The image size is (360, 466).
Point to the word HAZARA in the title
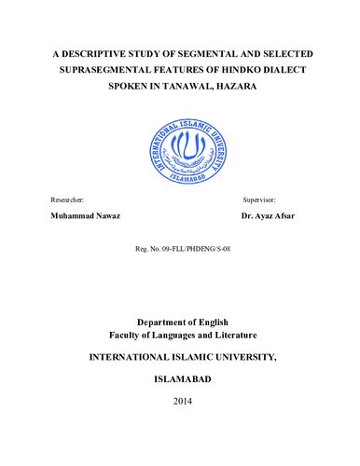(x=245, y=89)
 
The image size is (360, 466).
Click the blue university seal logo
(x=180, y=146)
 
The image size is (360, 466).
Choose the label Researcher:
(x=65, y=200)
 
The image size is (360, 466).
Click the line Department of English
(x=180, y=321)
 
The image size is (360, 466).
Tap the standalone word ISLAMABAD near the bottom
(x=180, y=381)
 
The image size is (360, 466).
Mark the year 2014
(x=180, y=402)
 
